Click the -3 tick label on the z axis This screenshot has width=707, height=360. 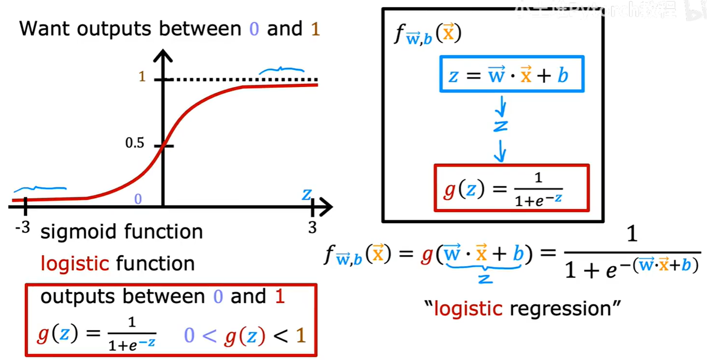pos(22,228)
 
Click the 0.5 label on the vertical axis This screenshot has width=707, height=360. pos(135,143)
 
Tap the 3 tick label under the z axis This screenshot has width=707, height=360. pos(312,228)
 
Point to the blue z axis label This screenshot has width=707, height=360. pos(307,195)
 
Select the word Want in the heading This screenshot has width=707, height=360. pos(45,29)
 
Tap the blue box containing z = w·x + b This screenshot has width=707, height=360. pos(511,74)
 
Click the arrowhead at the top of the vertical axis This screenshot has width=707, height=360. pos(163,56)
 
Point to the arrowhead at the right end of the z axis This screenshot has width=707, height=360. pos(326,207)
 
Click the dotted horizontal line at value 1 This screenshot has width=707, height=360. pos(246,80)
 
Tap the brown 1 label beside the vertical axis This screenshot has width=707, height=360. pos(142,77)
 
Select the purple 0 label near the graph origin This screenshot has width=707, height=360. pos(138,199)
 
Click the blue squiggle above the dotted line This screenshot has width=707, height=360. pos(282,70)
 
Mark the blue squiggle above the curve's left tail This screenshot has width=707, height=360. pos(40,189)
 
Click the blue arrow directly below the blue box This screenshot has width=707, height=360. pos(502,107)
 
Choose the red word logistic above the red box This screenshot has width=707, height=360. pos(75,264)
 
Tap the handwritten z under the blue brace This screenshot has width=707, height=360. pos(485,279)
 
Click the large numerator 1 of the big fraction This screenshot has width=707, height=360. pos(631,234)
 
